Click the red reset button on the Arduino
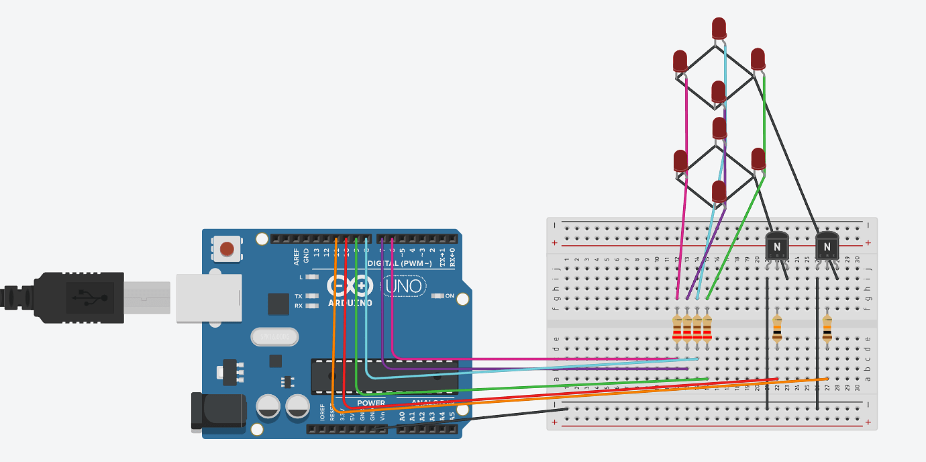227,249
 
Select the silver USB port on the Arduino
208,297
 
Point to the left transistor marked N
777,246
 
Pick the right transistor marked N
827,246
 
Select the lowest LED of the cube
719,191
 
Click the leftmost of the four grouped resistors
677,329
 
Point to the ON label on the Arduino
450,296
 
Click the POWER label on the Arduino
371,403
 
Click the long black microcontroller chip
384,376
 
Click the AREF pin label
297,256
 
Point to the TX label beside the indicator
298,296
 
